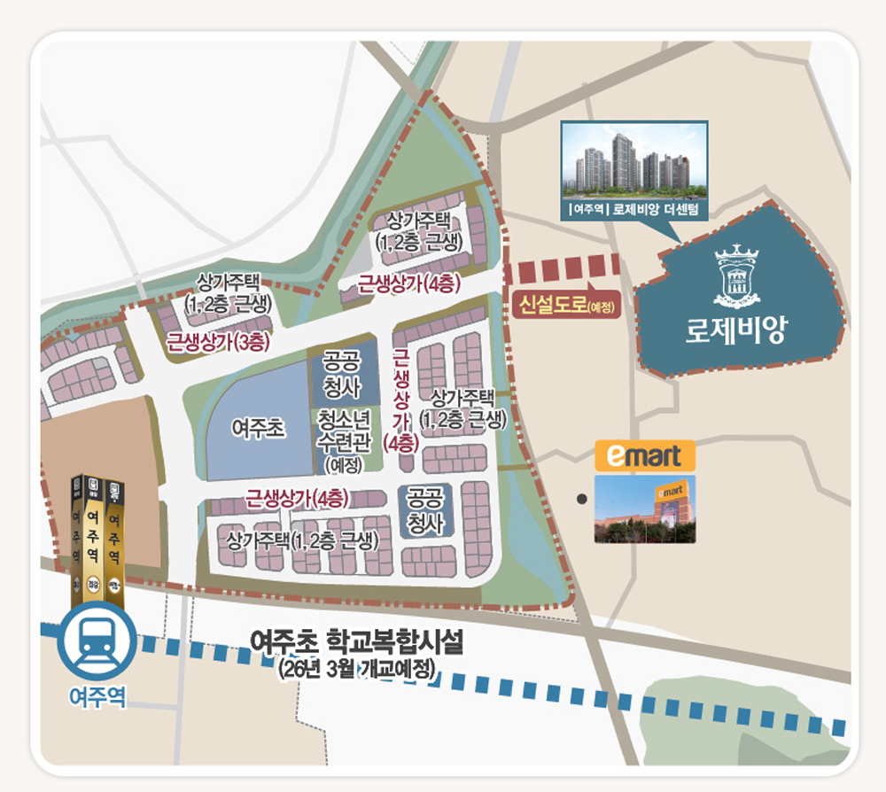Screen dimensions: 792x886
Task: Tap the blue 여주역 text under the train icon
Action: pos(97,697)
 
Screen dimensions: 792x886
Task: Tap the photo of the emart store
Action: pos(644,509)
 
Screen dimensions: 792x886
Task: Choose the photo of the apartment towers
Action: pos(634,160)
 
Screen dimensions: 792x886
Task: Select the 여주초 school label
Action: pos(258,429)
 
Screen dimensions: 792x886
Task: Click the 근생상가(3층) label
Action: pos(218,341)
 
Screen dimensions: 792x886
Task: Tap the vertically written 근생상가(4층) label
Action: pos(400,399)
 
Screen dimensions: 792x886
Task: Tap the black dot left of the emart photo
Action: pos(581,500)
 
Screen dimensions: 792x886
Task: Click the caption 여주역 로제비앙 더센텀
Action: pos(634,210)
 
